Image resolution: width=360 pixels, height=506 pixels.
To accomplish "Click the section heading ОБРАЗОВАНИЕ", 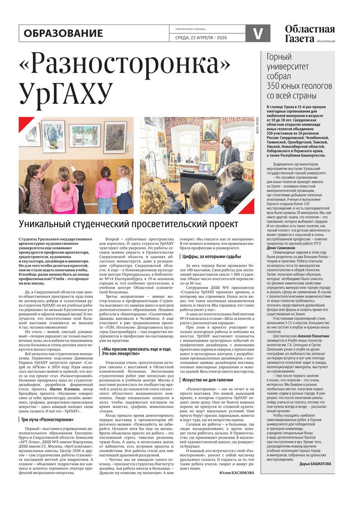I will pos(63,33).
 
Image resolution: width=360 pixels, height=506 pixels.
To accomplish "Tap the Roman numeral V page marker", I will pos(258,33).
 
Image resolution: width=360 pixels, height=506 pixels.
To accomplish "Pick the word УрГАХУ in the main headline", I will pos(65,94).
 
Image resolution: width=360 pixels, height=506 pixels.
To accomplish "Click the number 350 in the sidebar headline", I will pos(275,85).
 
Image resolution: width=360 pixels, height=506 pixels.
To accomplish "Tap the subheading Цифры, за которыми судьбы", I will pos(211,256).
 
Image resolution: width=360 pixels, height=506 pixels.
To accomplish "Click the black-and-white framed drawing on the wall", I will pos(115,137).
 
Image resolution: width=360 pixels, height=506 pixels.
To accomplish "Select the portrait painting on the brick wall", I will pos(210,129).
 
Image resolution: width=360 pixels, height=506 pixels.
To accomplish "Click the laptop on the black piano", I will pos(205,168).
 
